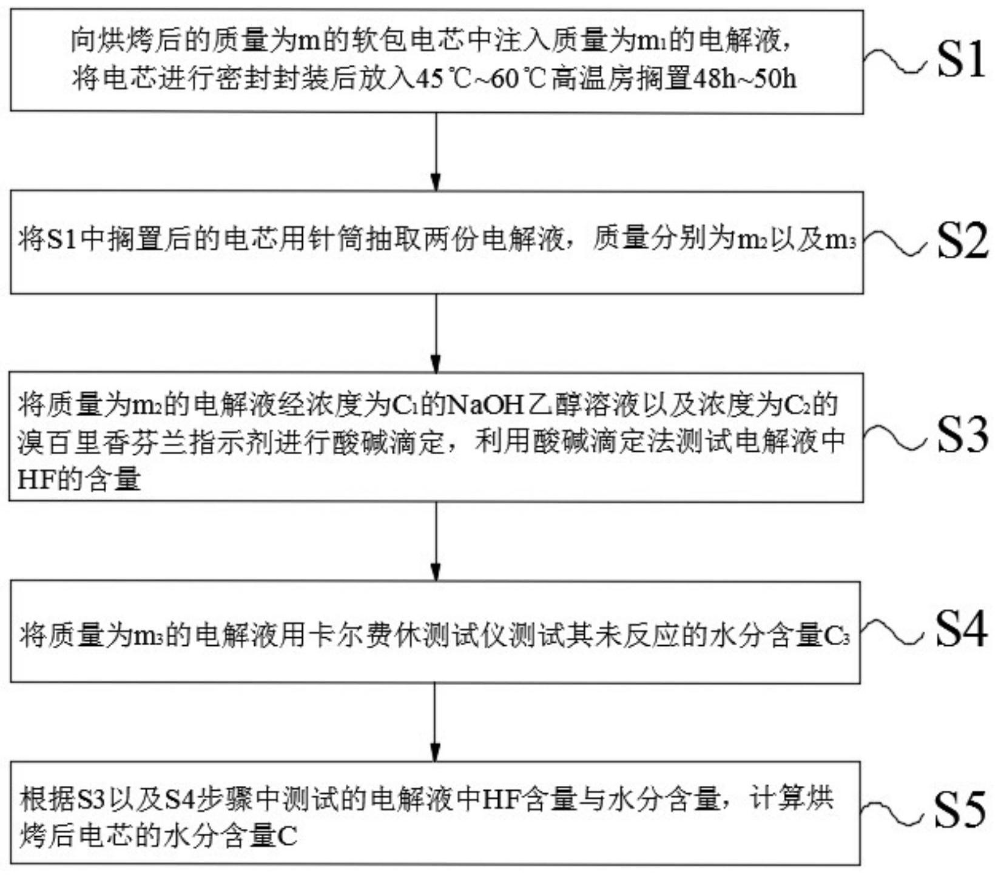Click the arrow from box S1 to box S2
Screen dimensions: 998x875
(x=436, y=152)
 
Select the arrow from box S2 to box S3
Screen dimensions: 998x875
(x=436, y=333)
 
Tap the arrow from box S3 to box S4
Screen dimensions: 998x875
(x=436, y=541)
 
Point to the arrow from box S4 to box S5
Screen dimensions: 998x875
(x=435, y=722)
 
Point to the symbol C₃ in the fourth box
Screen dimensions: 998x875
(x=836, y=636)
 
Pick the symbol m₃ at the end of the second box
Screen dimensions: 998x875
(x=840, y=241)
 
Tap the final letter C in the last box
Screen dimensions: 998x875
(x=287, y=837)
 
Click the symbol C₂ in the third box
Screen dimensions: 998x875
(x=799, y=405)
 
